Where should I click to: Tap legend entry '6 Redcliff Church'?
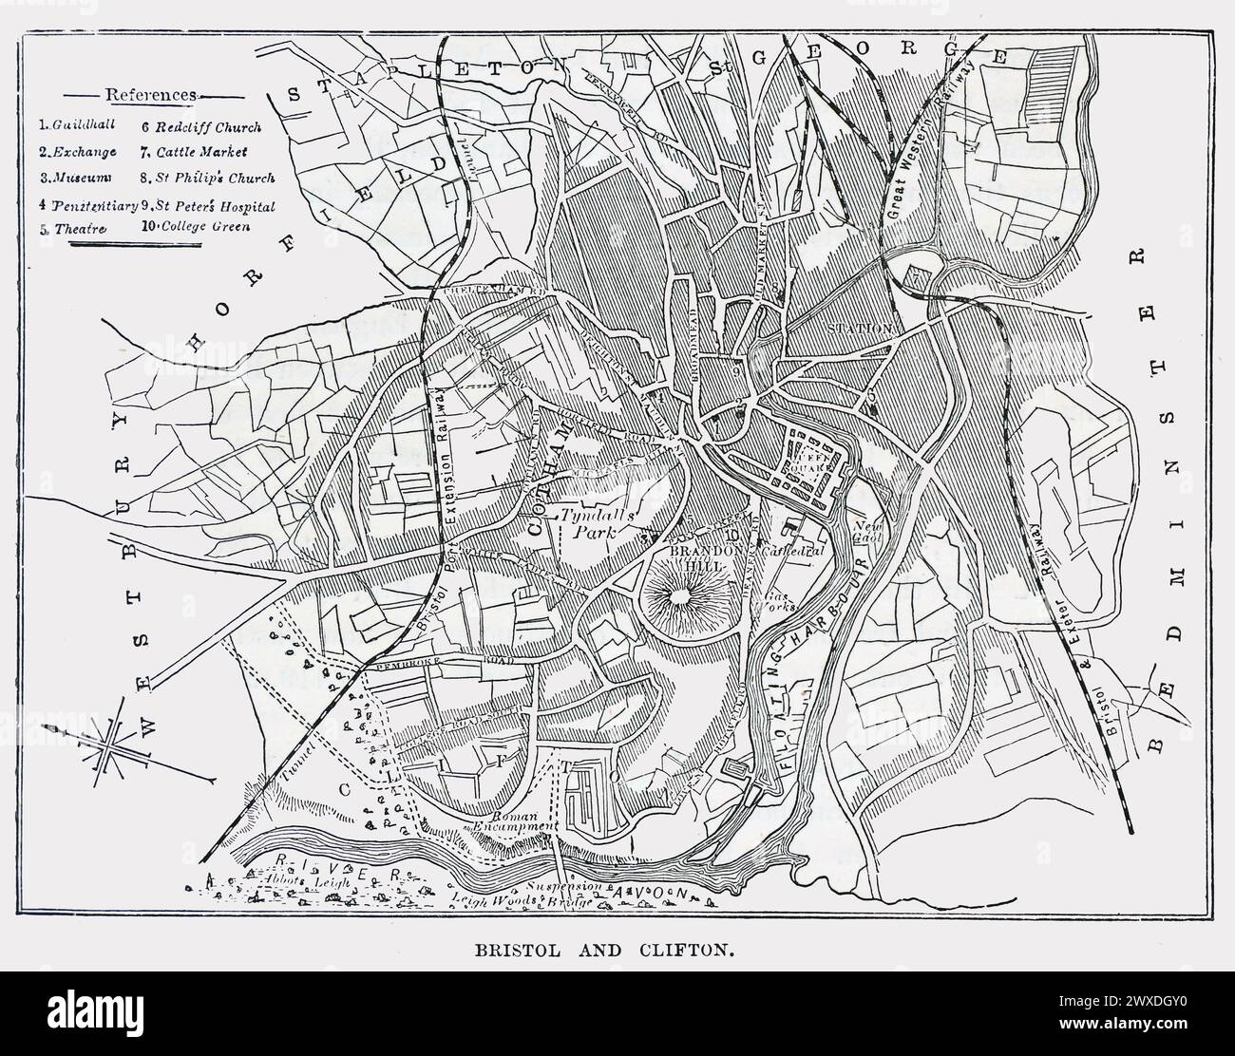(200, 125)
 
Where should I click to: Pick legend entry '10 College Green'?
(196, 227)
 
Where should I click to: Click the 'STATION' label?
(860, 329)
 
